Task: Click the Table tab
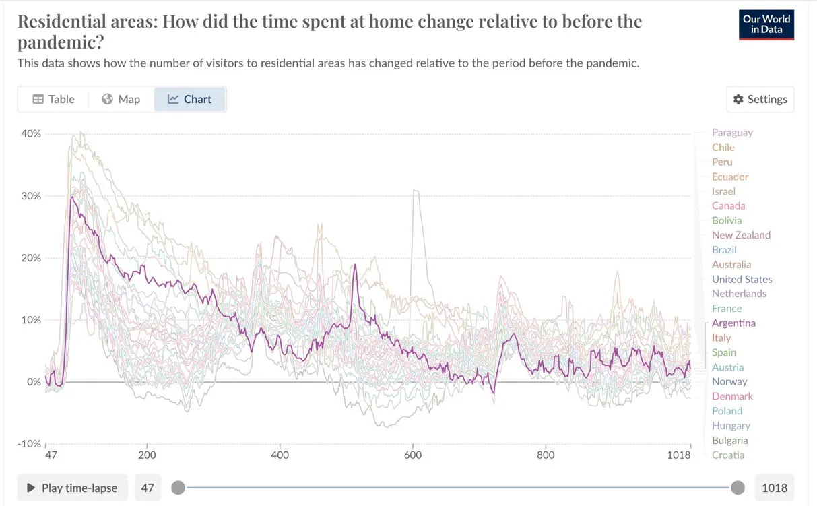54,99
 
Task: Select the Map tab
121,99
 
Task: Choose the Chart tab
190,99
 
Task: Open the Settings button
760,99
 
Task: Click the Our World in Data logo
766,25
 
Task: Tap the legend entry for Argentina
733,323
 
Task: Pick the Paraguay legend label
732,133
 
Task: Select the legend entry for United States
742,279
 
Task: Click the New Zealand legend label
741,235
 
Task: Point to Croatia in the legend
728,455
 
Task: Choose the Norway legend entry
729,381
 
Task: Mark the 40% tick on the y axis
31,133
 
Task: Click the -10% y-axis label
28,444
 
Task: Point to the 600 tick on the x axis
413,455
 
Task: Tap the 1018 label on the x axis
679,455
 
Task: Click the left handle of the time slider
178,488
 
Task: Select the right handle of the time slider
738,488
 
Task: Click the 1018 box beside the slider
774,488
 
